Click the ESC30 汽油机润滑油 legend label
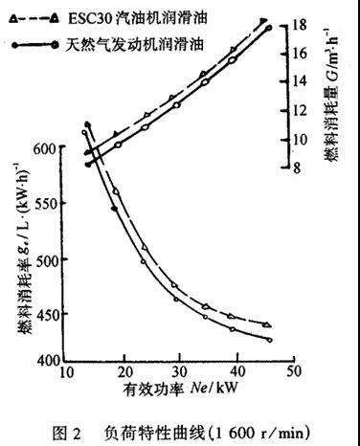[138, 18]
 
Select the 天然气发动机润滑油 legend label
[135, 44]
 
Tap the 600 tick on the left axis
[47, 148]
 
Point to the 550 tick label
[47, 203]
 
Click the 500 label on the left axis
[47, 259]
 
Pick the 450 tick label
[47, 314]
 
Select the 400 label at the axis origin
[48, 360]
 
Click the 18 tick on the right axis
[299, 25]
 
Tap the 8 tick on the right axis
[297, 167]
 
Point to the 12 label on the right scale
[299, 110]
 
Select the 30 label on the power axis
[179, 371]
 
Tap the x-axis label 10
[67, 372]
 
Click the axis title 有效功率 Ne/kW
[181, 389]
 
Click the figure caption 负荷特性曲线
[154, 433]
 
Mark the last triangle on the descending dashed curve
[267, 324]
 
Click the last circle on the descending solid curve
[270, 340]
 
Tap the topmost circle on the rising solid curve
[269, 28]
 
